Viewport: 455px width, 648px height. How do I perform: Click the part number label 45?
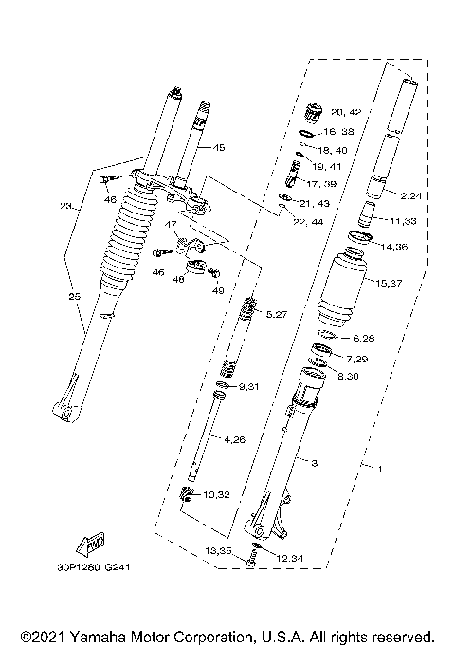pyautogui.click(x=218, y=148)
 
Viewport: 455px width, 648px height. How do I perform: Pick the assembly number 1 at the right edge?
pyautogui.click(x=381, y=468)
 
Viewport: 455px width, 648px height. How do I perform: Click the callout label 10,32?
pyautogui.click(x=217, y=494)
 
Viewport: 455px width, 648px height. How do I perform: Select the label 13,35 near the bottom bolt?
pyautogui.click(x=221, y=551)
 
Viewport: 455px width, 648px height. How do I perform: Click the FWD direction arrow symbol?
pyautogui.click(x=95, y=545)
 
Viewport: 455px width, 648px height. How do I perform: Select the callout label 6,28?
pyautogui.click(x=365, y=338)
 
